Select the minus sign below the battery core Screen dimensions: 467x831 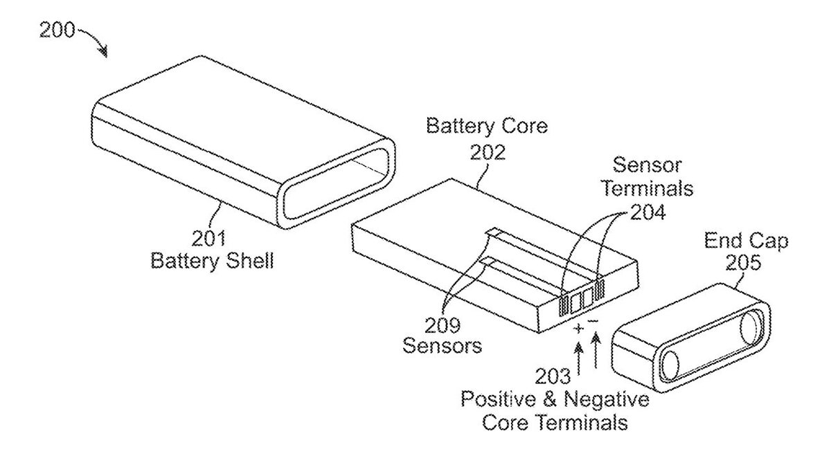point(593,322)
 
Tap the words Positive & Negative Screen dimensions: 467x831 point(555,400)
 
